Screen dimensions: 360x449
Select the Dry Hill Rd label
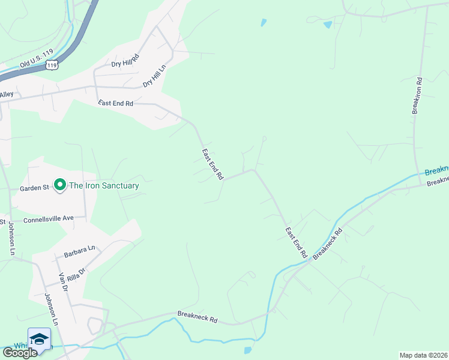pos(125,60)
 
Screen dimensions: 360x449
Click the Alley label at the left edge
pos(7,94)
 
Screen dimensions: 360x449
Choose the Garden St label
pos(34,188)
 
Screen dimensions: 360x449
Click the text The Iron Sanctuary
pos(104,185)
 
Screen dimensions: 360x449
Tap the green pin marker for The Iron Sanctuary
pos(59,185)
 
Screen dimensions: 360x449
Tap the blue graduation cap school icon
pos(39,338)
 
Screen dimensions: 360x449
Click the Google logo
pos(20,352)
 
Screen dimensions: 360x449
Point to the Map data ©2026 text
pos(423,355)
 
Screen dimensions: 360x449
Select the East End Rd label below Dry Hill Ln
pos(116,103)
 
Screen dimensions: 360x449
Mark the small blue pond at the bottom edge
pos(248,350)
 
